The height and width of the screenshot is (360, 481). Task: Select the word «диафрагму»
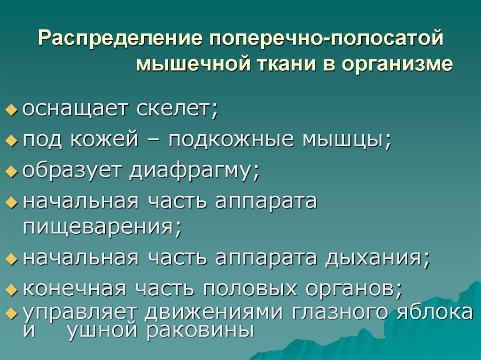[x=194, y=170]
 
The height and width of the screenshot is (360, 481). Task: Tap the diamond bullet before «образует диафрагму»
[x=11, y=172]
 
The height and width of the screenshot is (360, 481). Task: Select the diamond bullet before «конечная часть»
[x=11, y=290]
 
